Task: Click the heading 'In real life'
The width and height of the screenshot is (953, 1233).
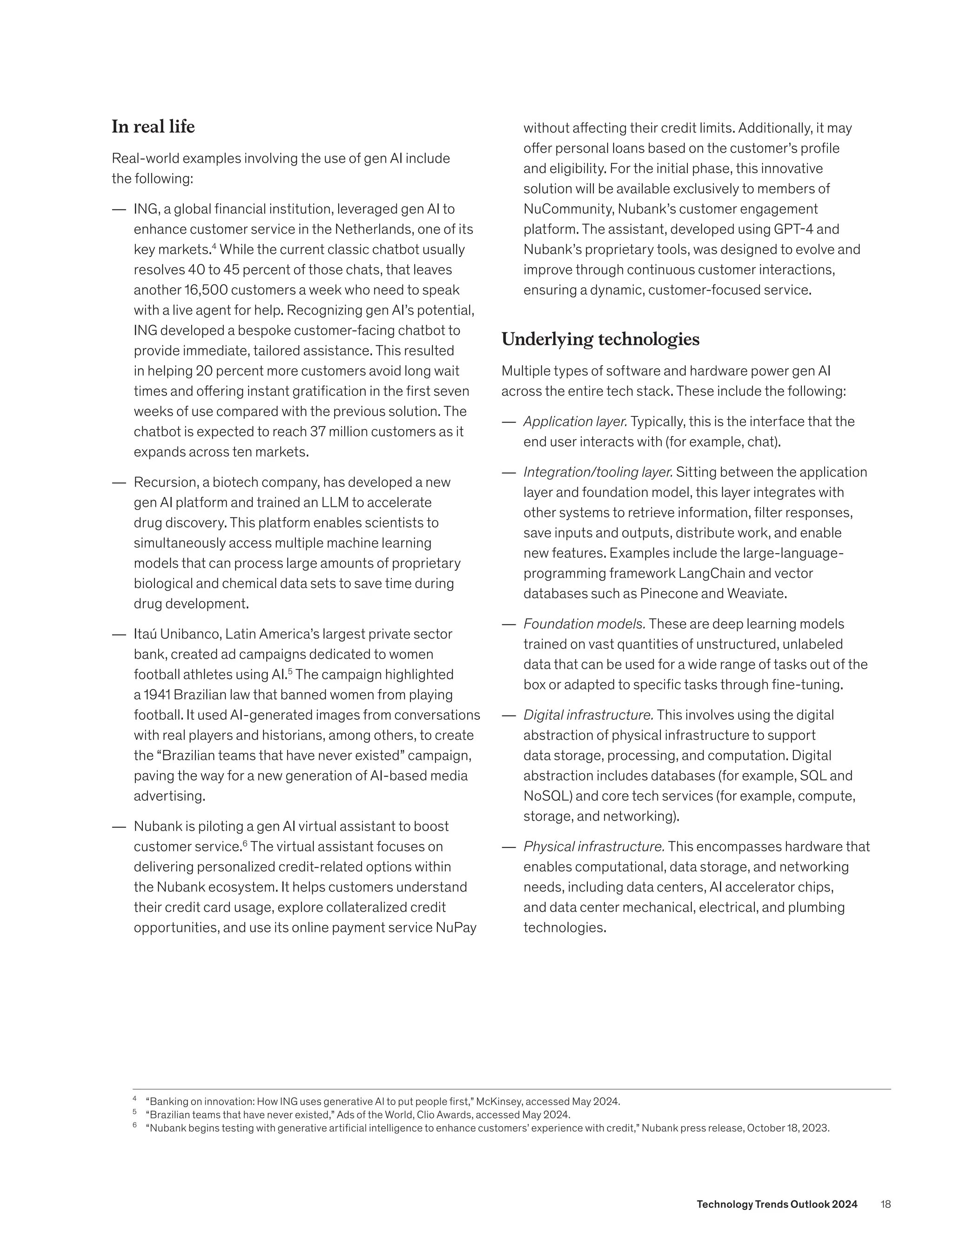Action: pyautogui.click(x=153, y=127)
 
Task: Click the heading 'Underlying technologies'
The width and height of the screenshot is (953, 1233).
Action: pyautogui.click(x=600, y=339)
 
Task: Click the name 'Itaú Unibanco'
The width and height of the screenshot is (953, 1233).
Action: pyautogui.click(x=177, y=634)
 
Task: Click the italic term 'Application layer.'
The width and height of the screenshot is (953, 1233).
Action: pyautogui.click(x=575, y=422)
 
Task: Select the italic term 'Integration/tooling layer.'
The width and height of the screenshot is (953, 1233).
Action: pyautogui.click(x=597, y=472)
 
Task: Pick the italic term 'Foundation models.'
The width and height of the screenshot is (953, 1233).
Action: pyautogui.click(x=584, y=624)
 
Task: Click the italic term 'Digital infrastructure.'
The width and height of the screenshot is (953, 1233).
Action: pyautogui.click(x=588, y=715)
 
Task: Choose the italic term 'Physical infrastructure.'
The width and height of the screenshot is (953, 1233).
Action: pyautogui.click(x=593, y=847)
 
